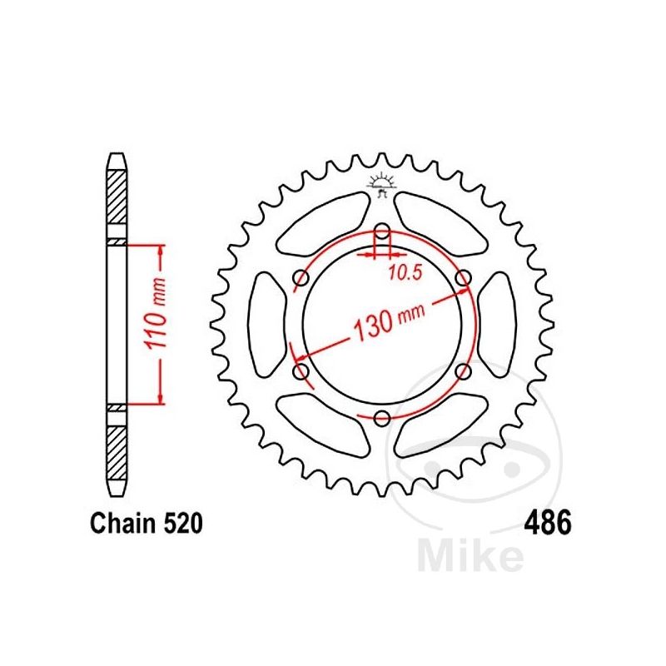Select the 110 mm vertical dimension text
point(163,324)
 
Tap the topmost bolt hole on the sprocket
point(382,232)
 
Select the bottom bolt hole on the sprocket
point(382,418)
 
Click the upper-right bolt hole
point(463,280)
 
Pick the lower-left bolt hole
point(301,371)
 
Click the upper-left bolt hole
point(301,280)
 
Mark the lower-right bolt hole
point(463,371)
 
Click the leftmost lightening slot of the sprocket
point(266,325)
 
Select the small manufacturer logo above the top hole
point(382,186)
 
